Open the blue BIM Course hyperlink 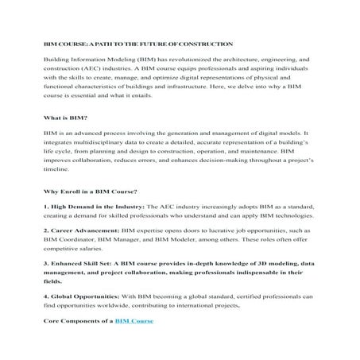133,319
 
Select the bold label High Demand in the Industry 94,207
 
